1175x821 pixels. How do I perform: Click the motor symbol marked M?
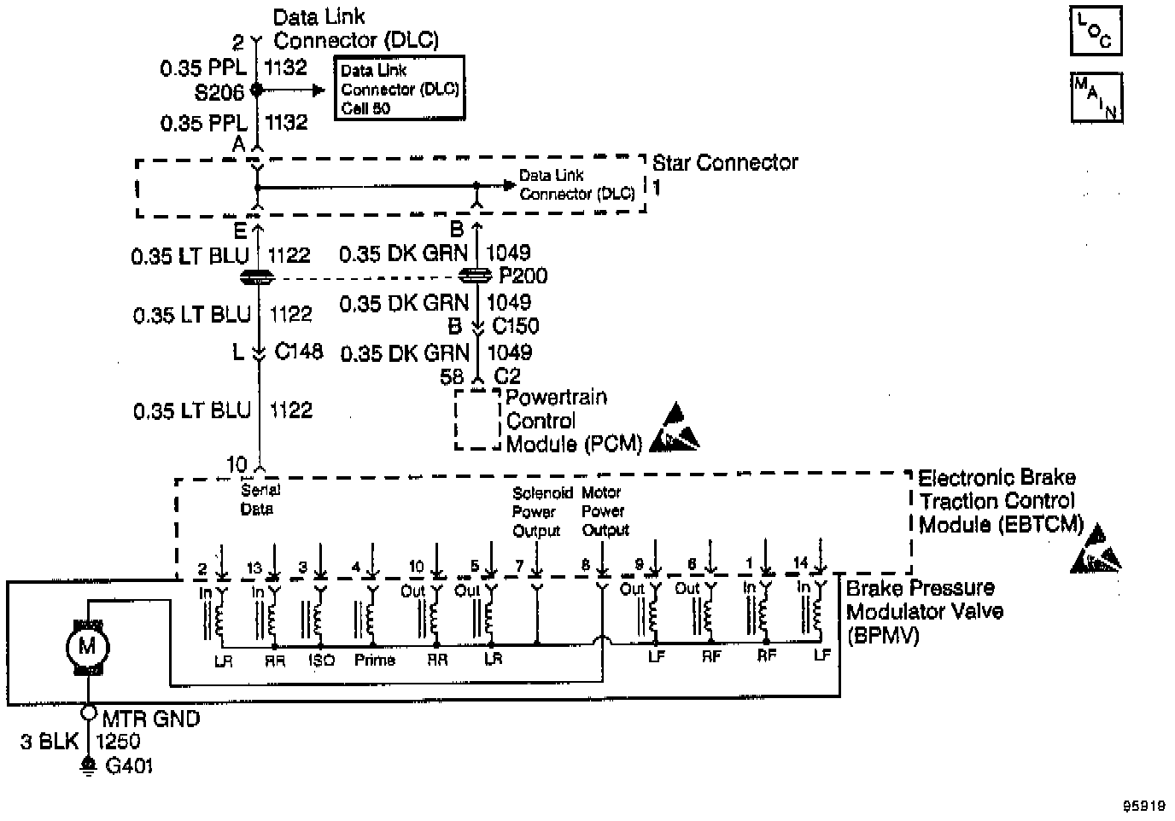tap(87, 646)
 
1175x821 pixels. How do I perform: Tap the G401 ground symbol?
tap(87, 766)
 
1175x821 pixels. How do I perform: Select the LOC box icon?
tap(1096, 32)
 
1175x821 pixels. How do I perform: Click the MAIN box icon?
tap(1096, 97)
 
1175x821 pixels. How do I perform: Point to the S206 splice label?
tap(219, 91)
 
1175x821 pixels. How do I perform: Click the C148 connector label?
tap(299, 351)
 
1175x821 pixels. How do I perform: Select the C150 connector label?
tap(516, 326)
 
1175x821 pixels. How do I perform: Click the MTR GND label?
tap(151, 719)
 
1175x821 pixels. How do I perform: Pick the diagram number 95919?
tap(1144, 805)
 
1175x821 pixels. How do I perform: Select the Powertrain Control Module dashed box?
tap(477, 420)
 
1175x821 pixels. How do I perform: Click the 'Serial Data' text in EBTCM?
tap(258, 499)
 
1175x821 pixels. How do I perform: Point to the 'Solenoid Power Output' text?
tap(536, 511)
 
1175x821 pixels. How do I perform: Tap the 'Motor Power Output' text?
tap(605, 510)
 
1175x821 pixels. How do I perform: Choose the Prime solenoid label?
tap(375, 660)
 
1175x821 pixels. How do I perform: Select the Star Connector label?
tap(725, 163)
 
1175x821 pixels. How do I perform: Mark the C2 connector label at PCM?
tap(507, 376)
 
